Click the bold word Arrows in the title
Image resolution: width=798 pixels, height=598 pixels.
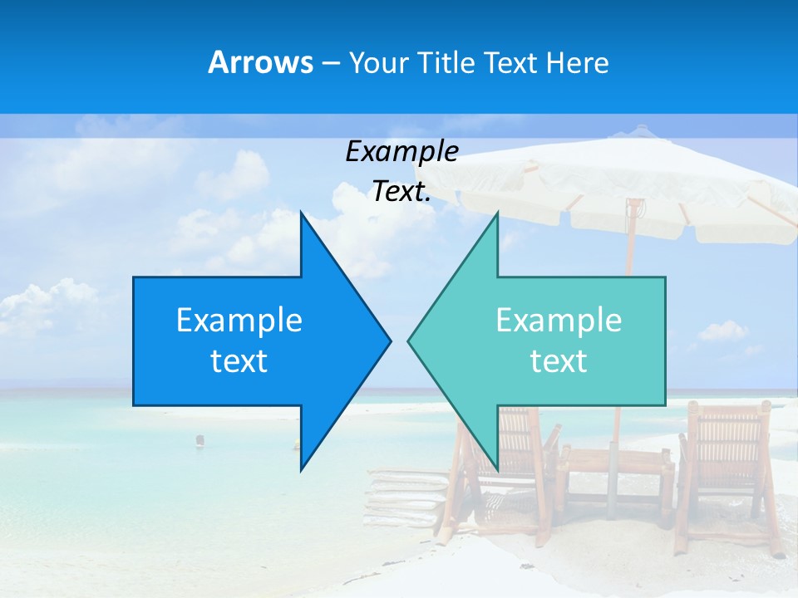(260, 62)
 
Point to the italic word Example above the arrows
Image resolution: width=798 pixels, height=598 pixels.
(401, 152)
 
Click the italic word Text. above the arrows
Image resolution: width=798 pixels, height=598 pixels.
(401, 192)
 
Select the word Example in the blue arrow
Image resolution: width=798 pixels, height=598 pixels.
(239, 321)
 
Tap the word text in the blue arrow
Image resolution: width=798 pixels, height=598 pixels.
(239, 361)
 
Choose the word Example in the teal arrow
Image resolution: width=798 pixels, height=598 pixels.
(559, 321)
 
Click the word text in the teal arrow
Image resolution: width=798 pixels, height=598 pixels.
(559, 361)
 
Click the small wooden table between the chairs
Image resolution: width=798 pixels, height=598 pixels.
(615, 473)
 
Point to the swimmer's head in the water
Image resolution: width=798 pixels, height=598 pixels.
(199, 439)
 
